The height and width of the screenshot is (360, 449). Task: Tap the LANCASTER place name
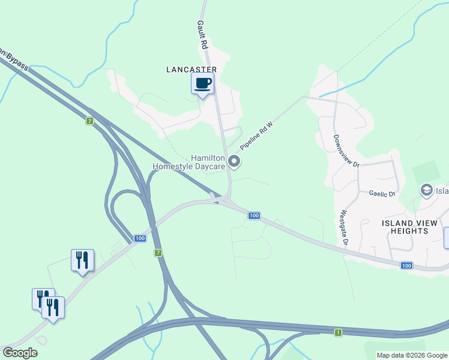191,70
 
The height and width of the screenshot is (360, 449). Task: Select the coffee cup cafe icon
202,83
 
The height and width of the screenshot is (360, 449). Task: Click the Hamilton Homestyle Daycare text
188,162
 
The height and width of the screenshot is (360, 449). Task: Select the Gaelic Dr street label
382,194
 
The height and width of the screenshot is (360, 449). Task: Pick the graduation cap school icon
426,190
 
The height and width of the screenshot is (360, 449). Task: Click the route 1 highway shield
339,332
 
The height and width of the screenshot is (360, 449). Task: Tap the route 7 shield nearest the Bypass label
89,121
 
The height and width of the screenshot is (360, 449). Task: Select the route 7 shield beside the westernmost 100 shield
158,253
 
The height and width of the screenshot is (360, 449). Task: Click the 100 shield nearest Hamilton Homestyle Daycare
254,215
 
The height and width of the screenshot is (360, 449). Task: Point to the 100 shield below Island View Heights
406,265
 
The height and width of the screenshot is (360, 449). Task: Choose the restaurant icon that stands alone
82,260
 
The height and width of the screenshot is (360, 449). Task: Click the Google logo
20,353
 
